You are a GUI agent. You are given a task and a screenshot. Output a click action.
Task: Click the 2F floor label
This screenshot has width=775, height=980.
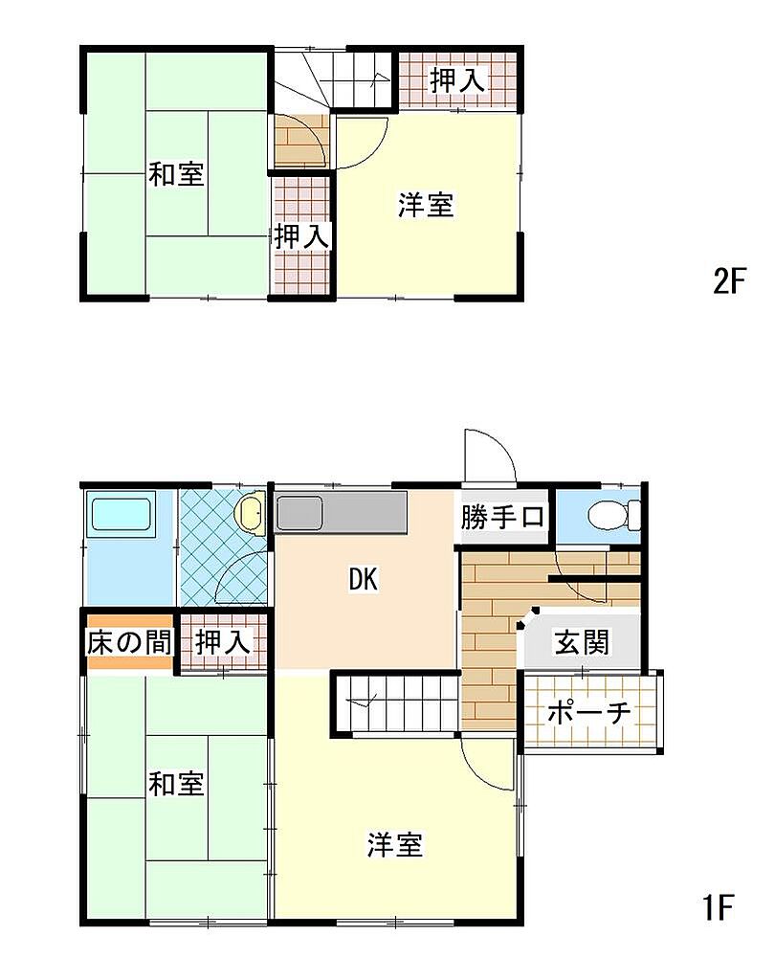coord(730,282)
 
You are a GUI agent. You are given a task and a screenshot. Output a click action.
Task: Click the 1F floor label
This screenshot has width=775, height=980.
coord(719,907)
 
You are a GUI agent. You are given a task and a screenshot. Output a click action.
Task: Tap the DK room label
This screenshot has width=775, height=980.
coord(364,580)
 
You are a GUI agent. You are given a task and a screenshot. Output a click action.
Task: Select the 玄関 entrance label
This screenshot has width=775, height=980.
coord(582,642)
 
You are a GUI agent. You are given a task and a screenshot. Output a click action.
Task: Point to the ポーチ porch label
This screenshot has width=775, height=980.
coord(589,712)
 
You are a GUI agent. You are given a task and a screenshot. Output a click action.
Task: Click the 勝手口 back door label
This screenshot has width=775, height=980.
coord(502,517)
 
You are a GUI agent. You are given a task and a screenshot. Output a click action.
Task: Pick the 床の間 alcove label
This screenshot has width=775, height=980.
coord(129,642)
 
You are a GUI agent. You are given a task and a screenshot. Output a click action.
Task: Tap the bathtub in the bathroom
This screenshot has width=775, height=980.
coord(122,514)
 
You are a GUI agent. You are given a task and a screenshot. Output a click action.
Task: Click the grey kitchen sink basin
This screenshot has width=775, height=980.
coord(300,513)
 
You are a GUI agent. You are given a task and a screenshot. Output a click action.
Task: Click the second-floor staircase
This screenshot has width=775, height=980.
coord(334,79)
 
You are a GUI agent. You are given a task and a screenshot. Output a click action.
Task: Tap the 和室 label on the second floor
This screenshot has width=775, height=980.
coord(176,174)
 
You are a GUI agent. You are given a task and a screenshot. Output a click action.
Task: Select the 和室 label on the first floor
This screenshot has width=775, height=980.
coord(176,784)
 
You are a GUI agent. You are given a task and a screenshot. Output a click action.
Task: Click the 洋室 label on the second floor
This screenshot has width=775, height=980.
coord(426,205)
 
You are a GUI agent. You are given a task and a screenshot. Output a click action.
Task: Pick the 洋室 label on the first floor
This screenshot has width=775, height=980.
coord(395,844)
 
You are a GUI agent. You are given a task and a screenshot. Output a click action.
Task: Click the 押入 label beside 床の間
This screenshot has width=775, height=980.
coord(223,642)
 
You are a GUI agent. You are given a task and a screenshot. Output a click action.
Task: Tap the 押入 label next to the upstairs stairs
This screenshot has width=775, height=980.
coord(457,80)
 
